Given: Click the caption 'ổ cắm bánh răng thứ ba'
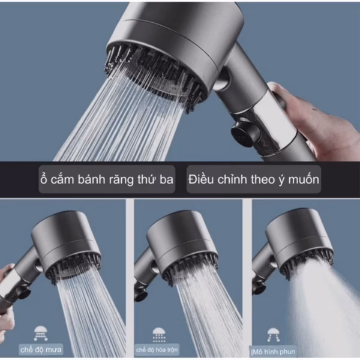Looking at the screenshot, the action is tap(107, 179).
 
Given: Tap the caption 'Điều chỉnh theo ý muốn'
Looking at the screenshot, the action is tap(254, 179).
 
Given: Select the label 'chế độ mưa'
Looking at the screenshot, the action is tap(41, 350).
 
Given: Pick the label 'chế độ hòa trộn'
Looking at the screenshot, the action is tap(157, 350).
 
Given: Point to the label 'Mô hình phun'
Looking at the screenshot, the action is tap(273, 352).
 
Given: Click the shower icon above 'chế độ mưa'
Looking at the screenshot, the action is tap(41, 333).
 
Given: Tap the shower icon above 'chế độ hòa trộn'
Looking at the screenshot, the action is tap(159, 335).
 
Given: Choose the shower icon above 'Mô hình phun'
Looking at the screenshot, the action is tap(273, 335).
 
